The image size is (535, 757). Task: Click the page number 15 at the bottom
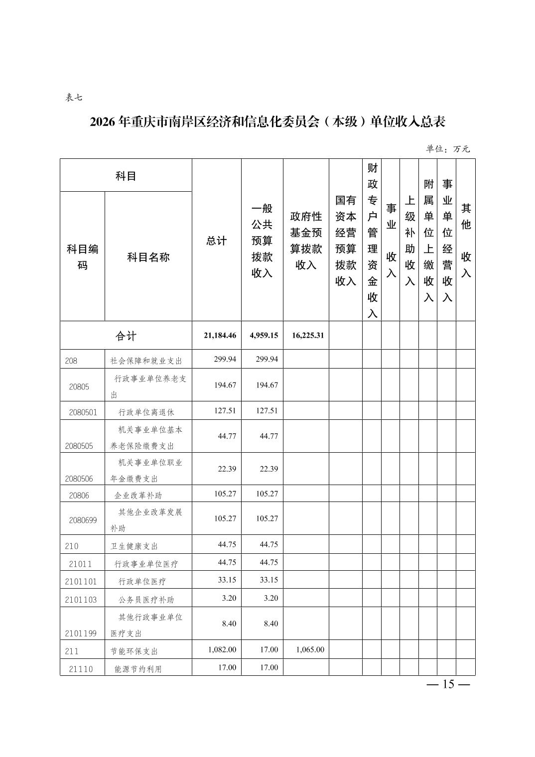(x=448, y=684)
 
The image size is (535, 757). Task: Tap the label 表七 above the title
(x=74, y=98)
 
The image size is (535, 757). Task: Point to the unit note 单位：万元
(x=447, y=149)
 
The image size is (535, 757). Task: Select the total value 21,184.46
(x=220, y=335)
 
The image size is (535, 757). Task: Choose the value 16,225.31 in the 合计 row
(x=305, y=335)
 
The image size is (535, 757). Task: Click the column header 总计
(x=216, y=241)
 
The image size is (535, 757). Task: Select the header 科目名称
(x=148, y=257)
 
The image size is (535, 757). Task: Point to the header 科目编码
(x=82, y=257)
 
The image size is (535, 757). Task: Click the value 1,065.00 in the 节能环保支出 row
(x=310, y=649)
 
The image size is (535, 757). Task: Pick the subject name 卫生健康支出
(x=134, y=546)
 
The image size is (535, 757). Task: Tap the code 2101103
(x=81, y=600)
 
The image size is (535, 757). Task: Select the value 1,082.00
(x=222, y=649)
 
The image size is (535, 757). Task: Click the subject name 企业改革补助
(x=138, y=496)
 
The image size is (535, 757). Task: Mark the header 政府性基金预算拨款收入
(x=306, y=241)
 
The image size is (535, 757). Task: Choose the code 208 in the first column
(x=71, y=361)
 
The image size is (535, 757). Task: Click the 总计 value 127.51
(x=225, y=411)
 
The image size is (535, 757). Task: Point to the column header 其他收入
(x=466, y=241)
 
